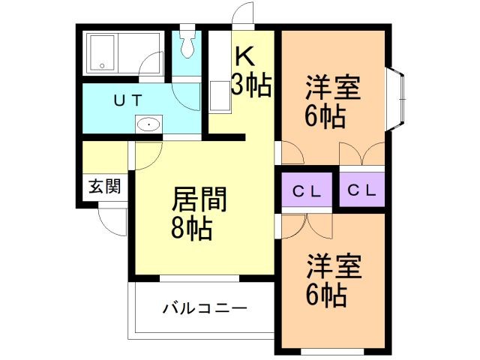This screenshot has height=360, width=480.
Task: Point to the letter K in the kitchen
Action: pos(245,58)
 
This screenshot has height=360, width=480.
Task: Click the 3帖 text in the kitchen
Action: pos(250,85)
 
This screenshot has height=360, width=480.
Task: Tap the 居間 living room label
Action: pos(199,200)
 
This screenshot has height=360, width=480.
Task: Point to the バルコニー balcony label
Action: pos(204,308)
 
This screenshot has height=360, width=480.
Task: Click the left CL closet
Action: pos(307,190)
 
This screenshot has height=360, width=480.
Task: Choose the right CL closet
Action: pos(361,190)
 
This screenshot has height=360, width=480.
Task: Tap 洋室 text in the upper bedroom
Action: pos(333,88)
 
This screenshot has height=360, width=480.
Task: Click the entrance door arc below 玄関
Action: pos(109,219)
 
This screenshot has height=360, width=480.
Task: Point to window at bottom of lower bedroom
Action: pos(332,350)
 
